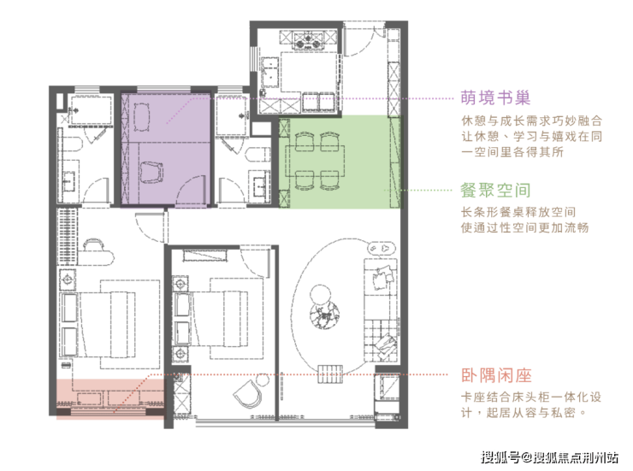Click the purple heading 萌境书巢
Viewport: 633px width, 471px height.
click(x=495, y=97)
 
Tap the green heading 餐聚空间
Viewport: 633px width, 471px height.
click(x=495, y=191)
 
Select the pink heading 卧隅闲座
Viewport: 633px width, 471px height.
click(x=496, y=375)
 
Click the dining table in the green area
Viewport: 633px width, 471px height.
click(x=316, y=161)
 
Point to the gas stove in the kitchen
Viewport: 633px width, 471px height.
click(x=308, y=39)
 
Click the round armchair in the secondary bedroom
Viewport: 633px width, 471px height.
click(x=247, y=393)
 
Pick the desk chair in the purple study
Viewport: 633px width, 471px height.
click(x=151, y=172)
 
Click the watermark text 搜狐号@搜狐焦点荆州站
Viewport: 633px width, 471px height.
click(x=549, y=456)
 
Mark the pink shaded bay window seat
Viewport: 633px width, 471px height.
click(x=110, y=399)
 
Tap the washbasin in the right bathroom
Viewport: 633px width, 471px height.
click(x=259, y=185)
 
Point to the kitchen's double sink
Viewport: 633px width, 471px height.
click(x=269, y=73)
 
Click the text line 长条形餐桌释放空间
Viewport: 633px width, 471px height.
click(x=518, y=212)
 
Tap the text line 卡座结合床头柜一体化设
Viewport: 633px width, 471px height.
click(x=531, y=397)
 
